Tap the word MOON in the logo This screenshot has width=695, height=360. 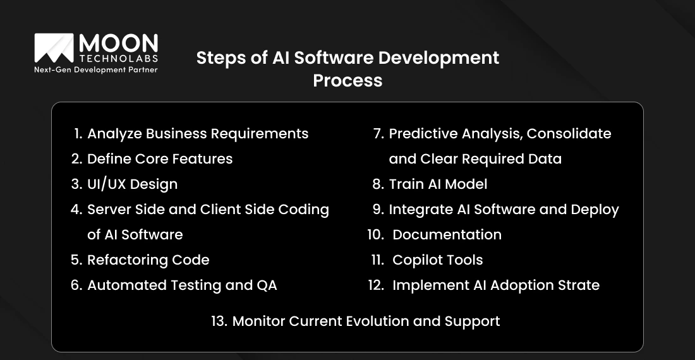(118, 44)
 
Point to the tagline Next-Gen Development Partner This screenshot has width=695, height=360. (95, 70)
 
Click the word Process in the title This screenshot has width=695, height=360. (347, 81)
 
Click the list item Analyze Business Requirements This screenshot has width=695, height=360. (198, 134)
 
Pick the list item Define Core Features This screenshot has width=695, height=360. (160, 159)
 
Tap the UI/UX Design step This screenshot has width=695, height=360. (132, 184)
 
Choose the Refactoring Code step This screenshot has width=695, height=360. (148, 260)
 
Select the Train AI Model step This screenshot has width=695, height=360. (438, 184)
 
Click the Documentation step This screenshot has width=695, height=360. (447, 235)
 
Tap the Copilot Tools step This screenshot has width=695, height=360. (437, 260)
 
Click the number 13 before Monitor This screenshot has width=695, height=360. (219, 321)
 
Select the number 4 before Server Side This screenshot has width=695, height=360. (76, 210)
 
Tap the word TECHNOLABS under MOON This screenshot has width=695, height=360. (118, 59)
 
